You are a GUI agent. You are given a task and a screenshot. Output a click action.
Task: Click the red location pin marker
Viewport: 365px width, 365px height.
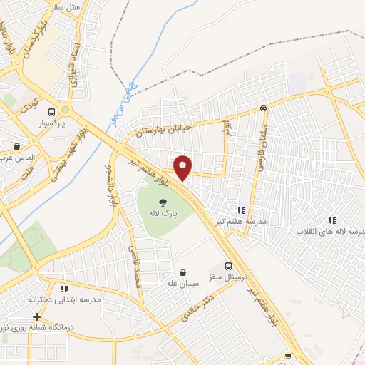click(x=183, y=168)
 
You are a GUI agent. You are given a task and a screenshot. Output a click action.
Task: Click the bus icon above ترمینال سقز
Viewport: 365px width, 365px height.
click(x=229, y=264)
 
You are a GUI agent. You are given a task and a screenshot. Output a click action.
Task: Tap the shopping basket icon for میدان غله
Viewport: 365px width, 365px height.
click(x=183, y=272)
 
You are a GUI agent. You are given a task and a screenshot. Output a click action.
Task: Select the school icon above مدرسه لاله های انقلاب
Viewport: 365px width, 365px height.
click(x=331, y=220)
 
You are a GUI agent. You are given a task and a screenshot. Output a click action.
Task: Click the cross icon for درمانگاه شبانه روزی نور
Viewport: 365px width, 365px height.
click(x=37, y=316)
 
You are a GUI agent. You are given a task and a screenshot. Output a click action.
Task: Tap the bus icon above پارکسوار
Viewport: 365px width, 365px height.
click(x=51, y=112)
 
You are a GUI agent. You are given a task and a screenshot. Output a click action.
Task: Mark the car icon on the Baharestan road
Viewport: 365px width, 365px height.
click(x=264, y=108)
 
